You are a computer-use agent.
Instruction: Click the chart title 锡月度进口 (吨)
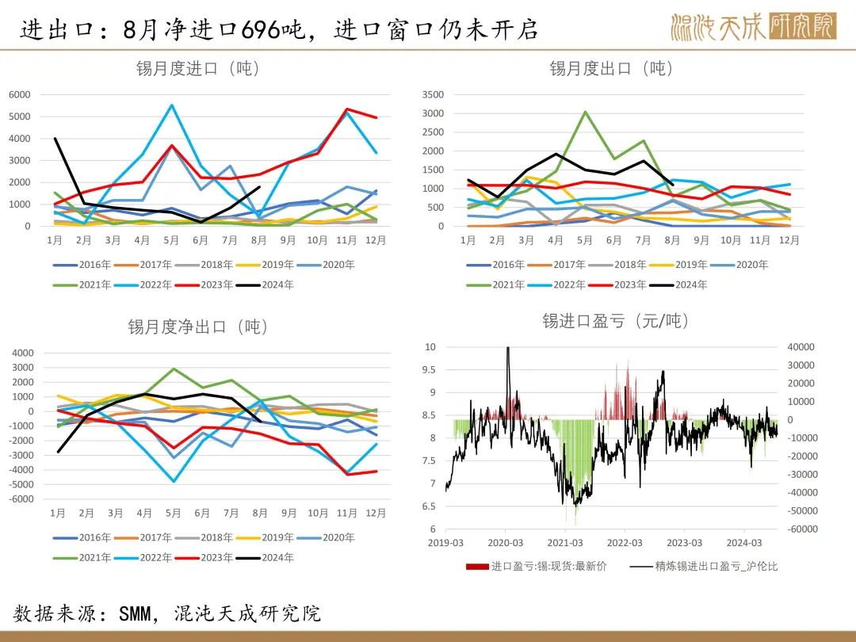[198, 69]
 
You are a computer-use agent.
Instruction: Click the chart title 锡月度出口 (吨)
[611, 69]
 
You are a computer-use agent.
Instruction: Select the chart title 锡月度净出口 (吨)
[198, 327]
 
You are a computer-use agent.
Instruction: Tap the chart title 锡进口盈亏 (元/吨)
[615, 320]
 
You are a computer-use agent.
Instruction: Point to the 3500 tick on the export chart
[433, 94]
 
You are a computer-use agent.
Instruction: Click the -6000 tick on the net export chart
[21, 499]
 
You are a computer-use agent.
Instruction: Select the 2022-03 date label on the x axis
[625, 543]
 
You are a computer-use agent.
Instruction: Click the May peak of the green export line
[585, 112]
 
